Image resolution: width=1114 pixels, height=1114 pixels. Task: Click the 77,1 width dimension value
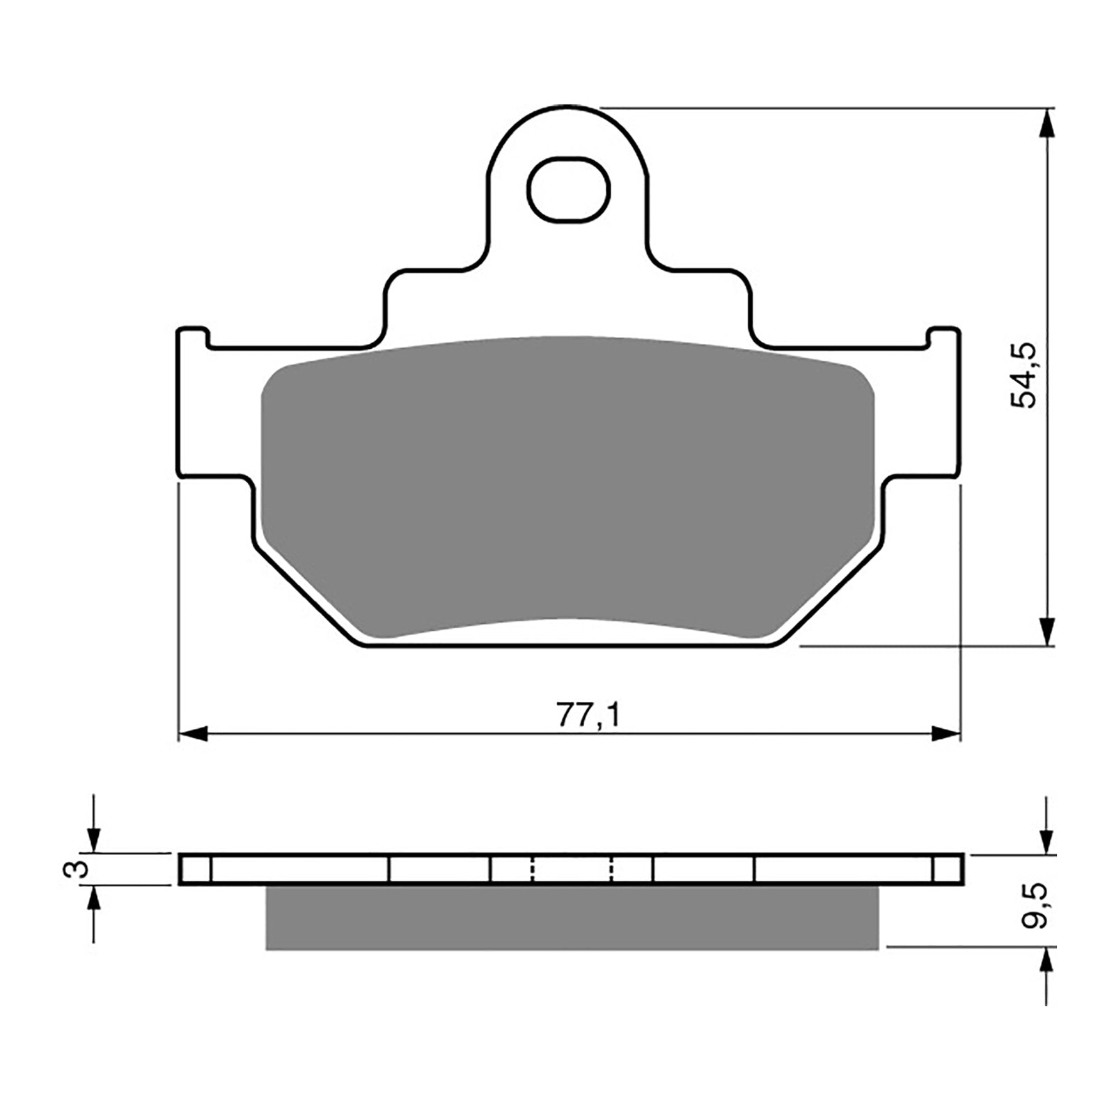click(587, 714)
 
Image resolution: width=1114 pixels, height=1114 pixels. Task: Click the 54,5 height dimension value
click(1025, 376)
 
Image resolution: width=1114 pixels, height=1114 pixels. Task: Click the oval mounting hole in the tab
click(568, 189)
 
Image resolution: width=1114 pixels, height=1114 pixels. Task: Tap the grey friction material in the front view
click(567, 487)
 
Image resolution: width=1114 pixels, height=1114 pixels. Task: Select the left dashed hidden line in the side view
click(532, 869)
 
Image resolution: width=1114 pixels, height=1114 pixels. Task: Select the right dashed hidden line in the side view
click(612, 869)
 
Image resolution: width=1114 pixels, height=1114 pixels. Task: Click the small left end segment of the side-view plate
click(195, 869)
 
